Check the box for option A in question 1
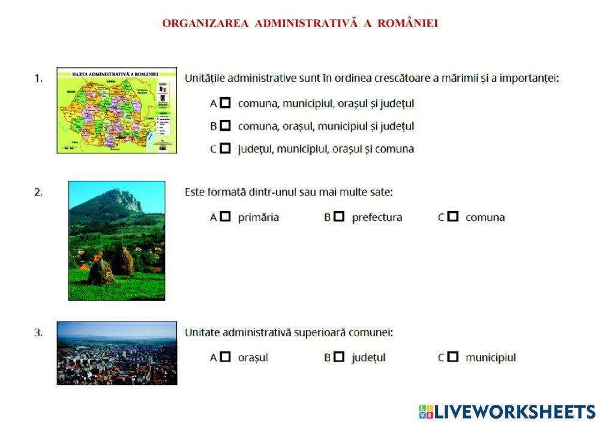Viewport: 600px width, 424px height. pyautogui.click(x=225, y=103)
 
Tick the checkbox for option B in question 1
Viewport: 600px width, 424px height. pyautogui.click(x=225, y=126)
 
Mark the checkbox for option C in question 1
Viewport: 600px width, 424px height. pyautogui.click(x=225, y=149)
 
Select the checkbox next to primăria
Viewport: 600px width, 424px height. pyautogui.click(x=225, y=217)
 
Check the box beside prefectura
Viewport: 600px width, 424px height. pyautogui.click(x=339, y=217)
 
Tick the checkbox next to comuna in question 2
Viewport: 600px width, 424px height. pyautogui.click(x=453, y=217)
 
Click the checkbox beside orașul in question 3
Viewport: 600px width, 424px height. pyautogui.click(x=225, y=357)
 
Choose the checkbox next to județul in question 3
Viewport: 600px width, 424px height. pyautogui.click(x=339, y=357)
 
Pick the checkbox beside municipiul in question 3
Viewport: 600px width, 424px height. pyautogui.click(x=453, y=357)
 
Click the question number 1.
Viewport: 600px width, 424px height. pyautogui.click(x=38, y=78)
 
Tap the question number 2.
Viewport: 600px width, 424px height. pyautogui.click(x=38, y=193)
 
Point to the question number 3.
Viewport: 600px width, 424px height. pyautogui.click(x=38, y=332)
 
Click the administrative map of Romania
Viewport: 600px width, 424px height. pyautogui.click(x=117, y=110)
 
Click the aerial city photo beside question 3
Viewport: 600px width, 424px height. pyautogui.click(x=117, y=353)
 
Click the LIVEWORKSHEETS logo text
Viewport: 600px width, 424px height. pyautogui.click(x=515, y=411)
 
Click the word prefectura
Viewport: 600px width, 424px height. pyautogui.click(x=377, y=218)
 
